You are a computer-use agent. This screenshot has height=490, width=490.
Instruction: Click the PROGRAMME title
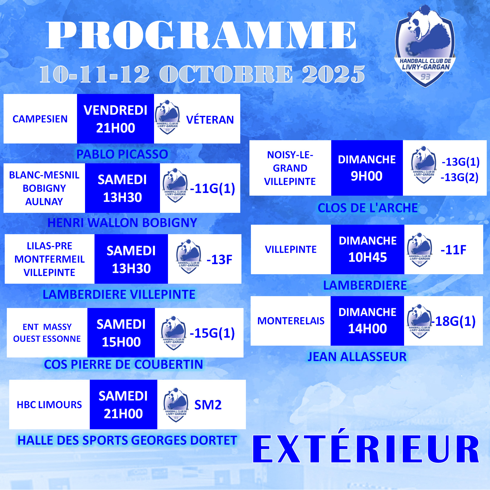(201, 35)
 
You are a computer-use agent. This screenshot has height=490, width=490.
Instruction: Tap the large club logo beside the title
(425, 46)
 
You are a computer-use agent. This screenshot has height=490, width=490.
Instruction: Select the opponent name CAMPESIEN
(40, 119)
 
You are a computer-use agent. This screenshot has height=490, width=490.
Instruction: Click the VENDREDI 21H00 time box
(116, 119)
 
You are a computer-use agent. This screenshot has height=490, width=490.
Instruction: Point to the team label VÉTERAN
(210, 119)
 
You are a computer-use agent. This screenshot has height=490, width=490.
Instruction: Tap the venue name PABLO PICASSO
(122, 154)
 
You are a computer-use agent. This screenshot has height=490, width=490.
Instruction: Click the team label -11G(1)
(213, 188)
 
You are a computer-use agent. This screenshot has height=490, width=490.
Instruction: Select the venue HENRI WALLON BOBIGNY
(122, 223)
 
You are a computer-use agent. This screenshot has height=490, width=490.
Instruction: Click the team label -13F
(219, 260)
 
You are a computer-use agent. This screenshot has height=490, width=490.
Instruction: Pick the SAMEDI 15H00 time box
(121, 333)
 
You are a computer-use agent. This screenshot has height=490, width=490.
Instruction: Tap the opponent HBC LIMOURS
(49, 405)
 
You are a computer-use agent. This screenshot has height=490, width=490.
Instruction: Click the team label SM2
(208, 405)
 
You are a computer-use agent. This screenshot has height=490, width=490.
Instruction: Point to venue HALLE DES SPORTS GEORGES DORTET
(127, 440)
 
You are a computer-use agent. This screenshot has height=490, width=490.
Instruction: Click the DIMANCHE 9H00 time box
(367, 168)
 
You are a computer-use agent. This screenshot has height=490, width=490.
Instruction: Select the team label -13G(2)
(459, 177)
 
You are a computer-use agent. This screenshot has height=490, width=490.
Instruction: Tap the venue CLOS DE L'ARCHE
(368, 208)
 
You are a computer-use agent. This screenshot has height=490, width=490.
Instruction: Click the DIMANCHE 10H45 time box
(368, 249)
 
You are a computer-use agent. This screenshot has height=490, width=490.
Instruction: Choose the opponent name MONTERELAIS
(291, 321)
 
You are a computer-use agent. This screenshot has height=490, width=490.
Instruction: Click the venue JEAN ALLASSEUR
(357, 357)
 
